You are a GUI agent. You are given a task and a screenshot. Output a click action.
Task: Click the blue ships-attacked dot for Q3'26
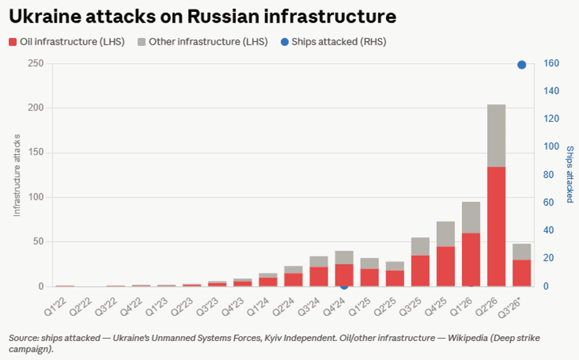[521, 65]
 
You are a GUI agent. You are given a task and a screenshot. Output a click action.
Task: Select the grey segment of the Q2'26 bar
[496, 136]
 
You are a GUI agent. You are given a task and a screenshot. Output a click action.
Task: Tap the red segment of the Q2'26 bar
[496, 227]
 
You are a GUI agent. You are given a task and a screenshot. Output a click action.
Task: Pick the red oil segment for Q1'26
[471, 260]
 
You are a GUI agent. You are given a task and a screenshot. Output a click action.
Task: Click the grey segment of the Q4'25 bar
[446, 234]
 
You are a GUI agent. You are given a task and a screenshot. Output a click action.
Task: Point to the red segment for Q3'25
[420, 271]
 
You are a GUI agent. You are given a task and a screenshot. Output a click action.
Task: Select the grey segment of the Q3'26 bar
[522, 252]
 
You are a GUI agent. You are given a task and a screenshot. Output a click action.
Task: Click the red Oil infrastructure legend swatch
[12, 42]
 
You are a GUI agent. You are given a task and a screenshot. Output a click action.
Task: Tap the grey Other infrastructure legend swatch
[141, 42]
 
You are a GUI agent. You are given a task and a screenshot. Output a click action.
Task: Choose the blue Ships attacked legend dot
[284, 42]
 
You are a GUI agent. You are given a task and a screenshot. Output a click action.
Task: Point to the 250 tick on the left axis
[36, 64]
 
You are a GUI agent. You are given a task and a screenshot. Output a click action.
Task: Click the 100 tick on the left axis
[36, 197]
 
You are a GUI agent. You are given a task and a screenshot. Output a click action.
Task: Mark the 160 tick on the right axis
[551, 64]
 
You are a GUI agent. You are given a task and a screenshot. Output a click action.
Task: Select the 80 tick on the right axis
[549, 175]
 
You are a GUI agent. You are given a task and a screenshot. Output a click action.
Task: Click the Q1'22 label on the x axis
[55, 307]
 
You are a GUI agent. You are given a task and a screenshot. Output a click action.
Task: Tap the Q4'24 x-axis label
[334, 307]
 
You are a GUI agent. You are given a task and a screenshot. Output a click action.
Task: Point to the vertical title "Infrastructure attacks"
[17, 175]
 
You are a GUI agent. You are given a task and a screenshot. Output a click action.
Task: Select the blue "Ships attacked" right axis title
[569, 174]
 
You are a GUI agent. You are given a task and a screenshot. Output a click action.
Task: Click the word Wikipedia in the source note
[467, 338]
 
